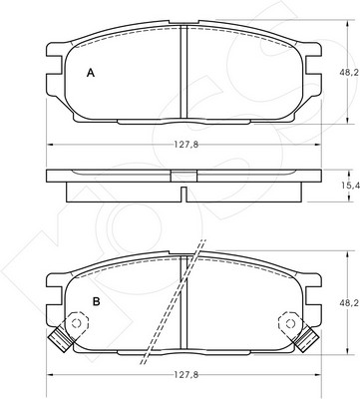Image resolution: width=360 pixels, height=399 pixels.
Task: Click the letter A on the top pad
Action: tap(91, 73)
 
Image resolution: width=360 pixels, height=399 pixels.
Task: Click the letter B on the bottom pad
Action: tap(96, 301)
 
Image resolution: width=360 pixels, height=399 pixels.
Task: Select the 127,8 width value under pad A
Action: tap(185, 145)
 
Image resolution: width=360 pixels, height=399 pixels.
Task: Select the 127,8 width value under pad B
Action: tap(185, 375)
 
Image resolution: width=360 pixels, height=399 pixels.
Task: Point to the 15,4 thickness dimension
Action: tap(354, 186)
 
